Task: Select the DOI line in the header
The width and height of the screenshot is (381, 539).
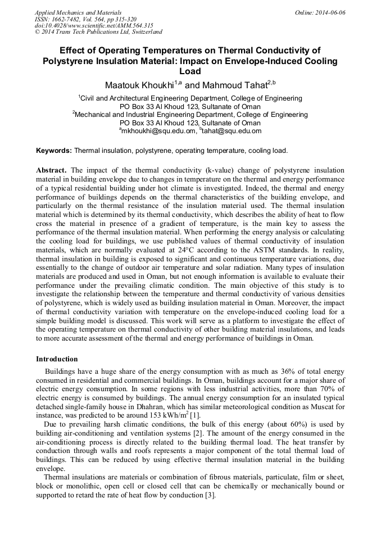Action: [94, 25]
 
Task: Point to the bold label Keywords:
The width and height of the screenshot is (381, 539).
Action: [54, 151]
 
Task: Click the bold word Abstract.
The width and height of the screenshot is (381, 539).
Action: [52, 170]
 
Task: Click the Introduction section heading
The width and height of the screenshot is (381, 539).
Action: [57, 359]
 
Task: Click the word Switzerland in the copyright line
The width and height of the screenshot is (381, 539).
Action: [144, 32]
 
